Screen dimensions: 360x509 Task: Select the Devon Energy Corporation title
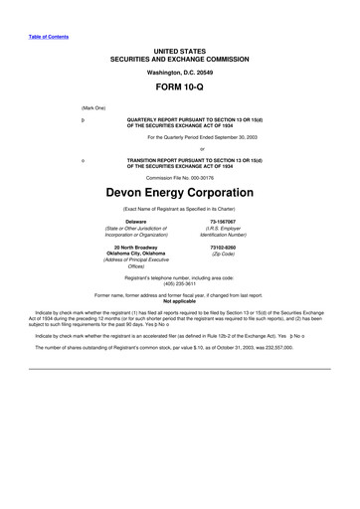(x=179, y=185)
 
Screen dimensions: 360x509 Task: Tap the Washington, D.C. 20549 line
(x=179, y=72)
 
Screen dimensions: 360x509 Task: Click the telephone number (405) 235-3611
(x=180, y=281)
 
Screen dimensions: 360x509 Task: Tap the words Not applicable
(x=179, y=301)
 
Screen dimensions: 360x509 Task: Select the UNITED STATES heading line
(x=179, y=50)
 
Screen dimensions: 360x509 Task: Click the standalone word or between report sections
(x=179, y=150)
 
